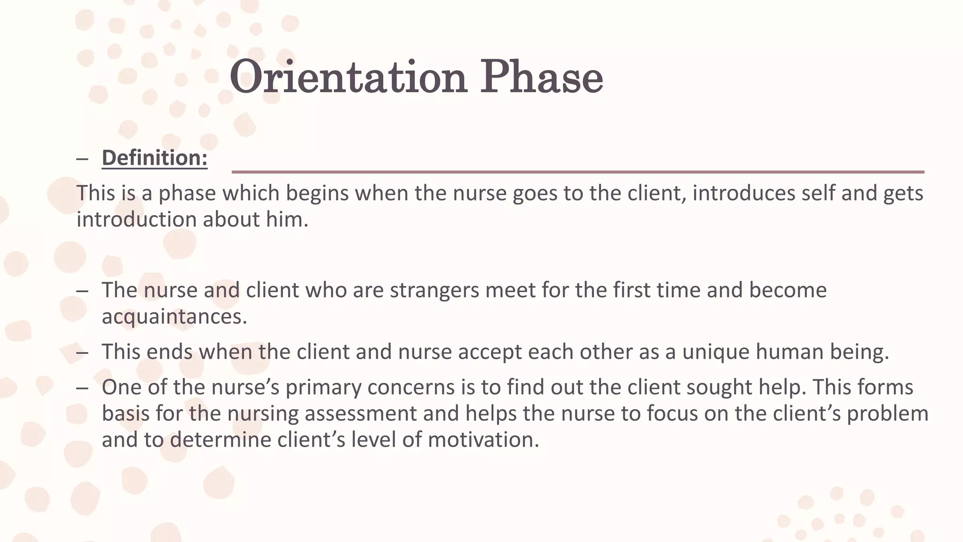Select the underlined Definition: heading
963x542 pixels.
coord(155,158)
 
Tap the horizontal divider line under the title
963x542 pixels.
coord(577,172)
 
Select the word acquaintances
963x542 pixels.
coord(174,317)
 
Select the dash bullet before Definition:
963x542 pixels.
coord(82,159)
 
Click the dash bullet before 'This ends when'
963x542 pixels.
coord(82,352)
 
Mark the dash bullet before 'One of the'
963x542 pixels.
coord(82,388)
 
